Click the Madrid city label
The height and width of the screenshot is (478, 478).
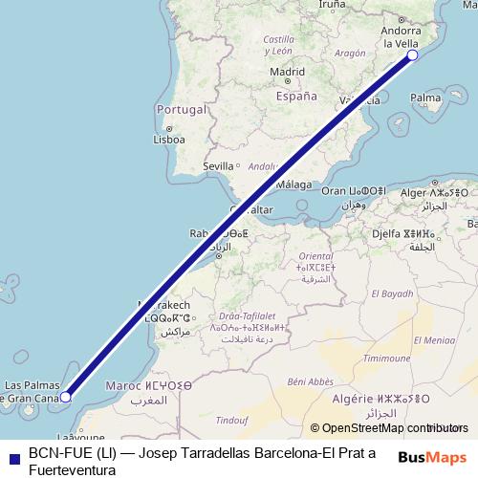click(287, 71)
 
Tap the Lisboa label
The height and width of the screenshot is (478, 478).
click(168, 140)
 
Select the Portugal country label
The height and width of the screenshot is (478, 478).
click(182, 109)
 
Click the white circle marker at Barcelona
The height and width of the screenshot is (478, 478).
click(413, 55)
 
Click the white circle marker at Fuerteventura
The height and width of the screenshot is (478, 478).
click(66, 396)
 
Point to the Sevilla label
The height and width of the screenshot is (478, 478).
click(218, 166)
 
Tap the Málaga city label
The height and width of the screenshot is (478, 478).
click(294, 185)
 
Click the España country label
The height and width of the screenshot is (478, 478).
click(295, 97)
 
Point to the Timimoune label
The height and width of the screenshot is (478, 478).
click(387, 358)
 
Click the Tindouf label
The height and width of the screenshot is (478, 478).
click(232, 419)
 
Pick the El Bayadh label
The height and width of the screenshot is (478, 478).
click(390, 293)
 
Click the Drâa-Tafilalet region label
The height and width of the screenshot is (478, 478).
click(247, 315)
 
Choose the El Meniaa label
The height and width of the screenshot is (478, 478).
click(434, 339)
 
